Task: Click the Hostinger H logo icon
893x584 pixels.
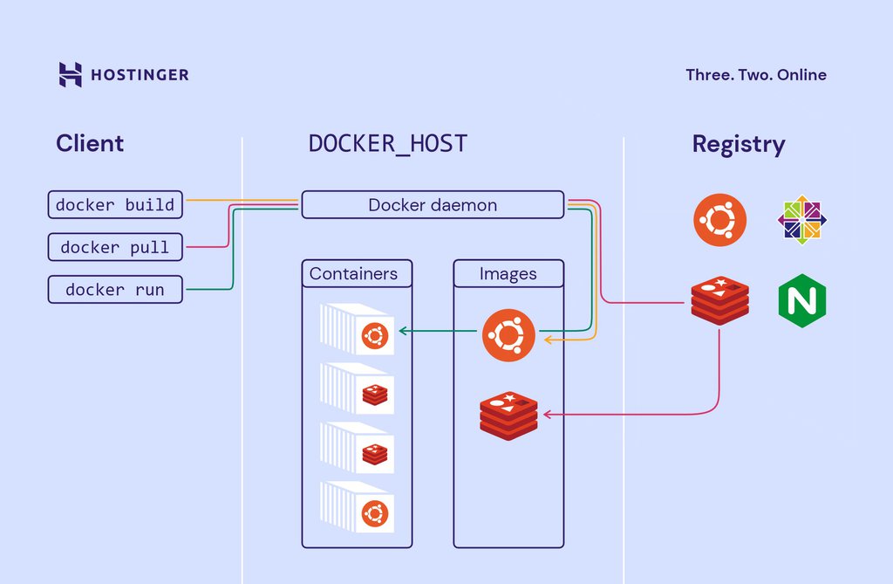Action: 70,74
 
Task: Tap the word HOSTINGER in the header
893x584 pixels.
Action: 140,75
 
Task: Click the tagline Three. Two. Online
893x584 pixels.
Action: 756,75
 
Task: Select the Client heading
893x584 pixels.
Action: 90,144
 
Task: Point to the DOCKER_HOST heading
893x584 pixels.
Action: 388,144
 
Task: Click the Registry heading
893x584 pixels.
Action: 739,144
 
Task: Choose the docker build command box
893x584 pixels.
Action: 115,206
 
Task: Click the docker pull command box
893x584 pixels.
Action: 115,248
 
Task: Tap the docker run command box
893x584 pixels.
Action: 115,290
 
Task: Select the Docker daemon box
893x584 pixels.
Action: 433,206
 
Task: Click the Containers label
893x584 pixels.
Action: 353,274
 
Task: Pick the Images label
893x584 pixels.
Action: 508,274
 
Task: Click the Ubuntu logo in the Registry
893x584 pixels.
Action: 720,220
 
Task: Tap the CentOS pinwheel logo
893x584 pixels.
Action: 802,220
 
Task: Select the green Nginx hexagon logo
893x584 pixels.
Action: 802,302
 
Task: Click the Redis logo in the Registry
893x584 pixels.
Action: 719,299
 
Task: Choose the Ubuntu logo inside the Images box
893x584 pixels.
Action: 508,334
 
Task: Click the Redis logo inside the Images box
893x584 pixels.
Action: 508,416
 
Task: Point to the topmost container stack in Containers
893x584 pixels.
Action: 358,330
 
